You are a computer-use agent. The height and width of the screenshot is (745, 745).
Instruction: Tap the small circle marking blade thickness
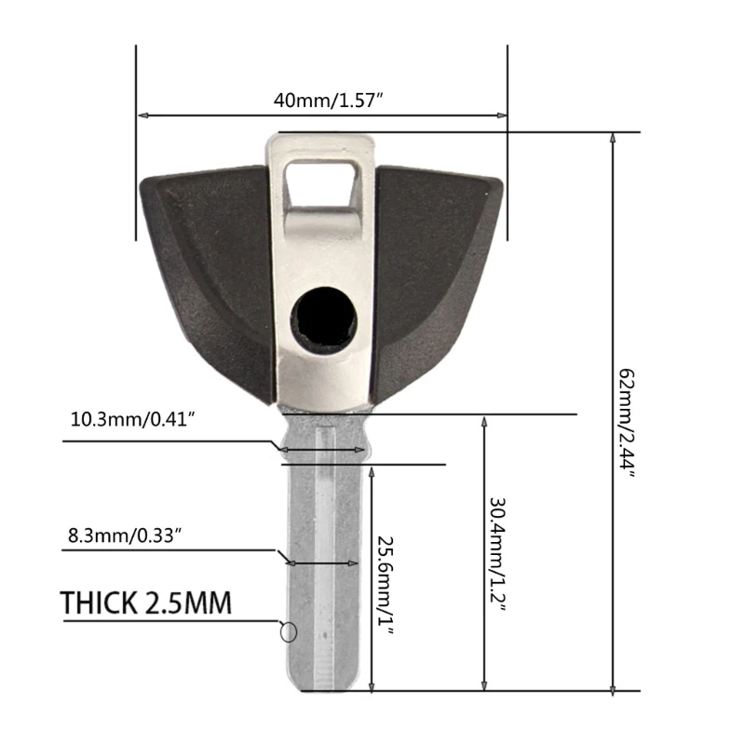288,632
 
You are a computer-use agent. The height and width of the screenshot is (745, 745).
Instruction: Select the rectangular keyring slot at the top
322,183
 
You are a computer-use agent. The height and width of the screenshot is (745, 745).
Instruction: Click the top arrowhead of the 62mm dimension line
612,138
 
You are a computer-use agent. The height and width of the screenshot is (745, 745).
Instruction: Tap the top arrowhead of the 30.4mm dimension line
483,421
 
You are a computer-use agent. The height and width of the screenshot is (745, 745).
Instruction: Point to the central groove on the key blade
323,559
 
